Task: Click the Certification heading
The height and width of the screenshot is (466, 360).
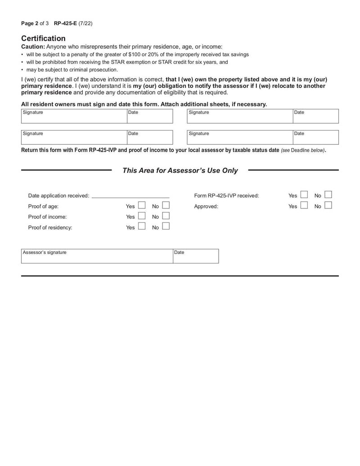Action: pyautogui.click(x=43, y=38)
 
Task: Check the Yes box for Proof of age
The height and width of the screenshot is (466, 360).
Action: pyautogui.click(x=141, y=205)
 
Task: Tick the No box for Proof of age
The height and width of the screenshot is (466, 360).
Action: pyautogui.click(x=166, y=205)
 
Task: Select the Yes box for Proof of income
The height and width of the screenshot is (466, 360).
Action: pyautogui.click(x=141, y=216)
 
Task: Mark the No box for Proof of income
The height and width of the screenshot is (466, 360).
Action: pyautogui.click(x=166, y=216)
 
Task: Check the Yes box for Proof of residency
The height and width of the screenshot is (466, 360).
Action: pyautogui.click(x=141, y=227)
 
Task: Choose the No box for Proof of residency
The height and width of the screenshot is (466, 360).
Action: pyautogui.click(x=166, y=227)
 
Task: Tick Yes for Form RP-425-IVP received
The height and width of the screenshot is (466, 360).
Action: pyautogui.click(x=304, y=195)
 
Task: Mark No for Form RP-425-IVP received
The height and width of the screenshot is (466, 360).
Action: pyautogui.click(x=328, y=195)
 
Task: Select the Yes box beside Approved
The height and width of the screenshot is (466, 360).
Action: pyautogui.click(x=304, y=206)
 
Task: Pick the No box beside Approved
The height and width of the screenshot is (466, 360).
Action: pyautogui.click(x=328, y=206)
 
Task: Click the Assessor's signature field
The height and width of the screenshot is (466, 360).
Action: pyautogui.click(x=97, y=258)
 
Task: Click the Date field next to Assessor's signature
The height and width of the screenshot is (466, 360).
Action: pyautogui.click(x=196, y=258)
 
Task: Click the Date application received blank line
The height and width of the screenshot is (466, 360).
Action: pyautogui.click(x=130, y=195)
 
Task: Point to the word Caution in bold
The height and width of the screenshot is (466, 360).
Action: pyautogui.click(x=33, y=47)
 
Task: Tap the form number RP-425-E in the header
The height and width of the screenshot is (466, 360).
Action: pyautogui.click(x=65, y=23)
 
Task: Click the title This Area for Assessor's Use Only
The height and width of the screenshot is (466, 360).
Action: pyautogui.click(x=180, y=171)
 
